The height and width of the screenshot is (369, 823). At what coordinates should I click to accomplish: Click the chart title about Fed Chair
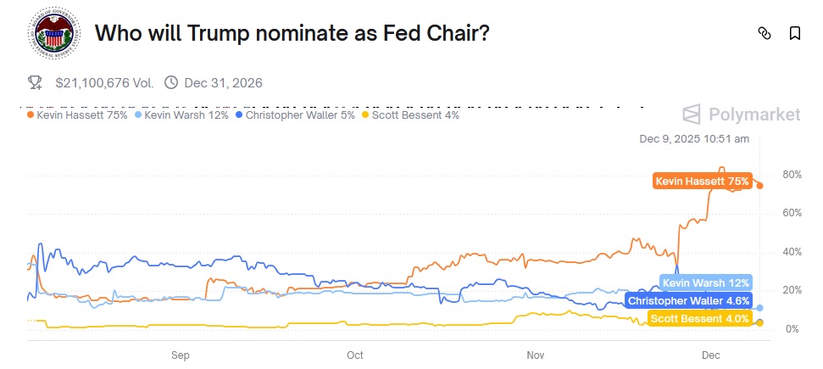[292, 34]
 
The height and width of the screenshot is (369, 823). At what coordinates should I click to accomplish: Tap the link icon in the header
[765, 34]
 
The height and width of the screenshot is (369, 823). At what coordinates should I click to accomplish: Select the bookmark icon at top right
[795, 34]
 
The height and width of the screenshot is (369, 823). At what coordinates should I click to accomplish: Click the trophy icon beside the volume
[35, 83]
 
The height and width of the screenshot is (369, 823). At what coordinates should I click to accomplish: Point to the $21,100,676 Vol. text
[104, 83]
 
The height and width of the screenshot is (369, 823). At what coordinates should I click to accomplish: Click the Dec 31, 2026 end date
[222, 83]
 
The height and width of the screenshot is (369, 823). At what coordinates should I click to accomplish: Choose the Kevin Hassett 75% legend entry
[77, 115]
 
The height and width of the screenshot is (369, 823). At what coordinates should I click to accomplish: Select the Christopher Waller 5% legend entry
[295, 115]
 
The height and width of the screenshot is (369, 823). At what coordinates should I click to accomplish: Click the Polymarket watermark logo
[742, 115]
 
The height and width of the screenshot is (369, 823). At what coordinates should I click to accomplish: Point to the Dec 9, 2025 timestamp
[694, 138]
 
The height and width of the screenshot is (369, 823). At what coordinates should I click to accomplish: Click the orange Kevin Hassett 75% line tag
[702, 182]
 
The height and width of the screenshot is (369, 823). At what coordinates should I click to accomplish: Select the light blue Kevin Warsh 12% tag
[705, 283]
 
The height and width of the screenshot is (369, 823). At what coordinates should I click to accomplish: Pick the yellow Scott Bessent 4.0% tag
[700, 319]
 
